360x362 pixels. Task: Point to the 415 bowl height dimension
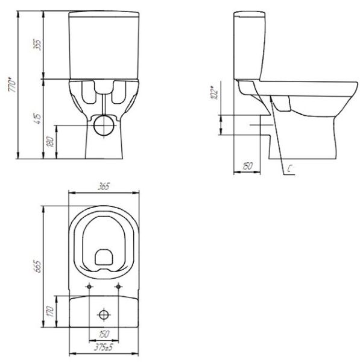[x=37, y=118]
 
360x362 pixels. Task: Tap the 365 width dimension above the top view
[x=104, y=187]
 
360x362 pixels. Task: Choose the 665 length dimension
[x=37, y=265]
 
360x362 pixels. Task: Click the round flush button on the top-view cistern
[x=104, y=314]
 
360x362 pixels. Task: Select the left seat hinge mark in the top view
[x=90, y=285]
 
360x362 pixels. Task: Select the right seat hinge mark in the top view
[x=119, y=285]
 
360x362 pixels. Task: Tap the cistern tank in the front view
[x=105, y=45]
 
